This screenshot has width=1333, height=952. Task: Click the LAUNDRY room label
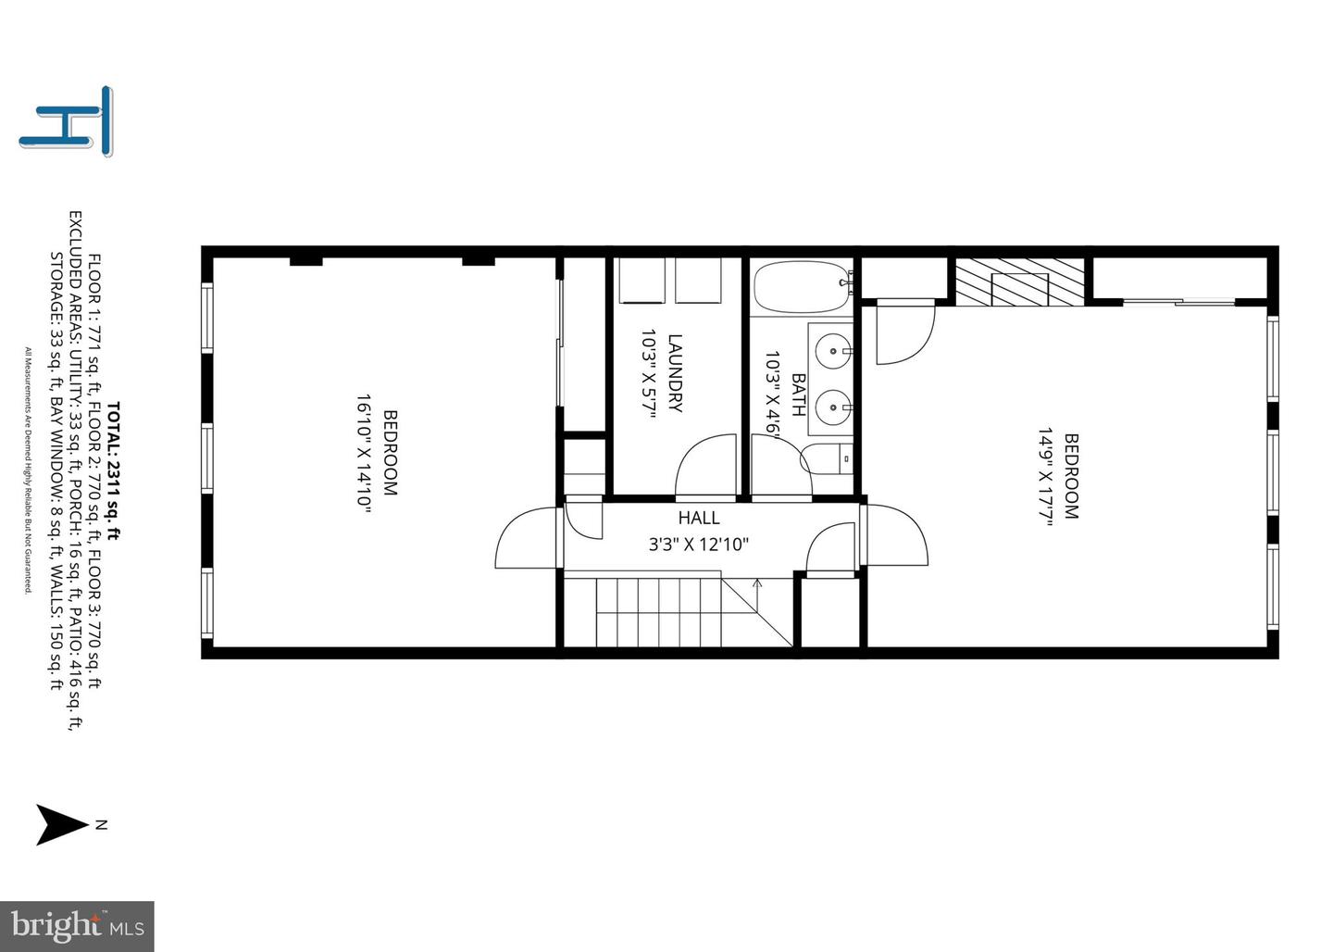(x=676, y=373)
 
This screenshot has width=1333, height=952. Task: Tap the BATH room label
(x=799, y=395)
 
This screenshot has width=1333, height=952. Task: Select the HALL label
(x=699, y=518)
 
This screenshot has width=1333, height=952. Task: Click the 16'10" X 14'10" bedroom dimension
(x=364, y=453)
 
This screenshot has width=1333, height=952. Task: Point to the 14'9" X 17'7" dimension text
(x=1046, y=476)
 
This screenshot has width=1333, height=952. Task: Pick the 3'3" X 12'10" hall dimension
(x=698, y=545)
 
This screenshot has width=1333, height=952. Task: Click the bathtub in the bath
(x=803, y=288)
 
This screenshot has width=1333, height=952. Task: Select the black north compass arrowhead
(x=62, y=824)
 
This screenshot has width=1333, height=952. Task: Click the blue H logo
(x=66, y=121)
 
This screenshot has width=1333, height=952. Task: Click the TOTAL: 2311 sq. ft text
(x=114, y=471)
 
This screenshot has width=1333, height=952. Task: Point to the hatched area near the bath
(x=1020, y=282)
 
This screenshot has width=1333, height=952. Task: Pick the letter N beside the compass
(x=101, y=824)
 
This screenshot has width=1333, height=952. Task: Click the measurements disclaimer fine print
(x=28, y=470)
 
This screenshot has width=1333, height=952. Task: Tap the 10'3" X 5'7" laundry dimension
(x=649, y=374)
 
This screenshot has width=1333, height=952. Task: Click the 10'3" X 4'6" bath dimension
(x=772, y=395)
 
